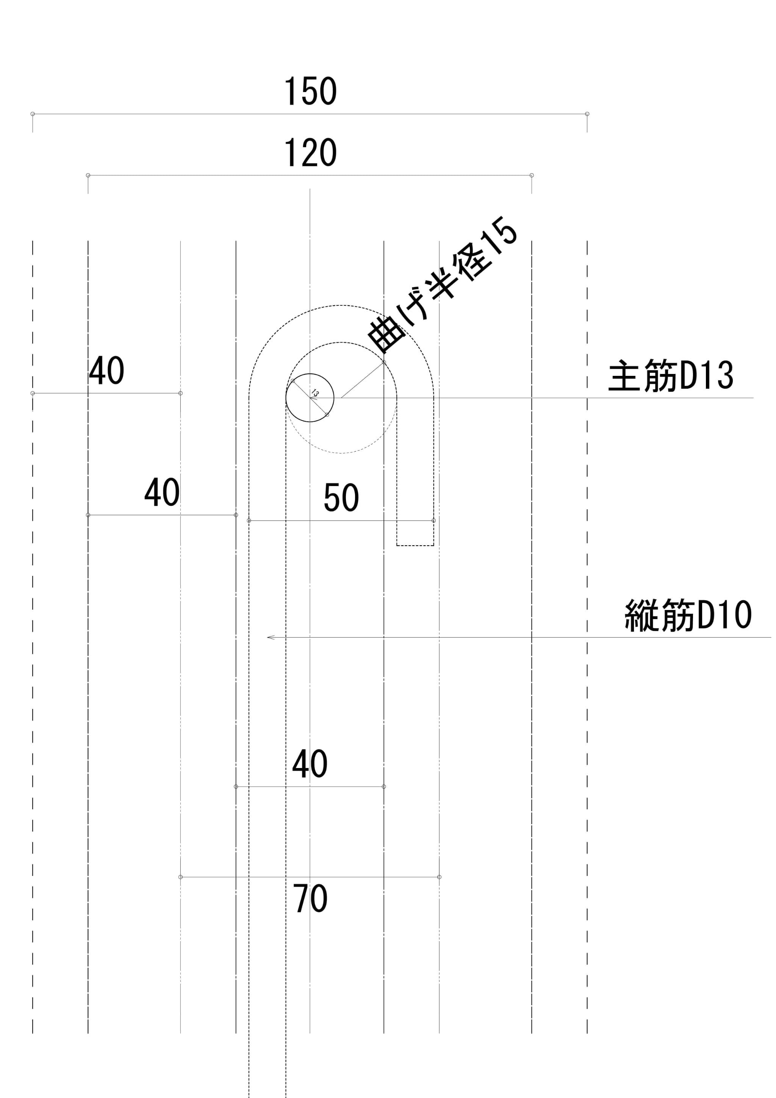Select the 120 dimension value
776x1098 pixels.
[310, 153]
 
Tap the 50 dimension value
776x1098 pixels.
[341, 497]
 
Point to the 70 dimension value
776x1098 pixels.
[310, 899]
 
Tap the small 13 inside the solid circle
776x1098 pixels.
[314, 394]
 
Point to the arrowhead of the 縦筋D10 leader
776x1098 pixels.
[269, 638]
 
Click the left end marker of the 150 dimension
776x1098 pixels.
[33, 114]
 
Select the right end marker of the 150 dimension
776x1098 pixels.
[587, 114]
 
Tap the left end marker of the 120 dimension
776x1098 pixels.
[88, 175]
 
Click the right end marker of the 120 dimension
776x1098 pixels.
[532, 175]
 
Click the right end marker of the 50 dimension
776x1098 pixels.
[434, 520]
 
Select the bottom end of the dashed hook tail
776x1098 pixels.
[415, 545]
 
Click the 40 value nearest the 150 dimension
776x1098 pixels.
[106, 371]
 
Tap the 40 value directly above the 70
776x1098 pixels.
[310, 764]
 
